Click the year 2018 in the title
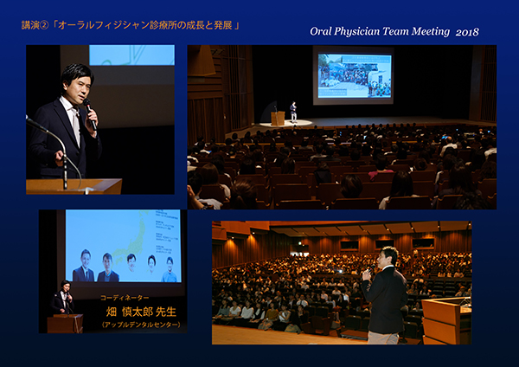coord(467,32)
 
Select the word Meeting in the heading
coord(431,31)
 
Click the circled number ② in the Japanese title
coord(44,25)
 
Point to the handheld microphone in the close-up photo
coord(90,113)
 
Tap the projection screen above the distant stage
coord(355,76)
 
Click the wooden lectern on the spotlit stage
coord(278,118)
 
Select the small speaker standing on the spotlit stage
coord(293,112)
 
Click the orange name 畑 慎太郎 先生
coord(141,312)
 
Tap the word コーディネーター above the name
coord(125,298)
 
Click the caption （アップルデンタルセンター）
coord(142,325)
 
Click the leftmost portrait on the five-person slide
coord(85,266)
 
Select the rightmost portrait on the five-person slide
coord(170,269)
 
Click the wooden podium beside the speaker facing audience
coord(446,320)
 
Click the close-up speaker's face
coord(79,90)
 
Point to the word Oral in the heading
coord(321,31)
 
